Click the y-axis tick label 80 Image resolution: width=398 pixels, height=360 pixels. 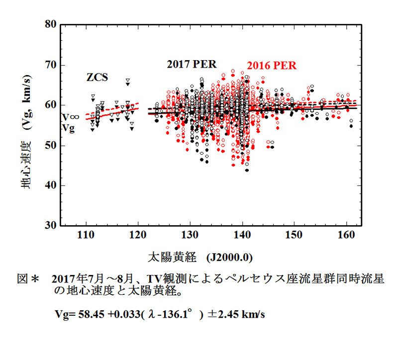click(51, 24)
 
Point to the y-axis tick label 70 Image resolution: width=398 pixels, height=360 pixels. click(51, 65)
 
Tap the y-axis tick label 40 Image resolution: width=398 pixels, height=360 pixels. click(51, 185)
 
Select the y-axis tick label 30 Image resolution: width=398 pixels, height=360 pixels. click(51, 225)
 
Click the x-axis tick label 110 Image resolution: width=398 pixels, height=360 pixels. click(86, 235)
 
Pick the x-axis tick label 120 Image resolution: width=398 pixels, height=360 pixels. click(138, 235)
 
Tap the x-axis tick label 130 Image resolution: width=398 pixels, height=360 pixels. click(190, 235)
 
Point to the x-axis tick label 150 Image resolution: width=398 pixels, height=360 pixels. click(294, 235)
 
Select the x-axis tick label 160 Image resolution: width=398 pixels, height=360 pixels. click(346, 235)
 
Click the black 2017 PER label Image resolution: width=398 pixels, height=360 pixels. click(192, 64)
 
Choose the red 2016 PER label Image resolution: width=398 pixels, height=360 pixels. click(272, 66)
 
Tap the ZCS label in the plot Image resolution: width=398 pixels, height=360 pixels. click(97, 77)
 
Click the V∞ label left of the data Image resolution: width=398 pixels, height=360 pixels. click(71, 117)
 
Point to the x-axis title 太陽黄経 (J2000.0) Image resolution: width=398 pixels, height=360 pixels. click(200, 258)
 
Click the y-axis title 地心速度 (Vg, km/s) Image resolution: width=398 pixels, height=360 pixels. click(26, 131)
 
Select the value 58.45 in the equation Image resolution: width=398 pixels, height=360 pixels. click(91, 314)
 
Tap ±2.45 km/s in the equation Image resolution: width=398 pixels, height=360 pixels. click(236, 314)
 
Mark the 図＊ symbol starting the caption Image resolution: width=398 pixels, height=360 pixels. click(28, 279)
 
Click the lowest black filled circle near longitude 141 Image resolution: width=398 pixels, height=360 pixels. click(247, 170)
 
